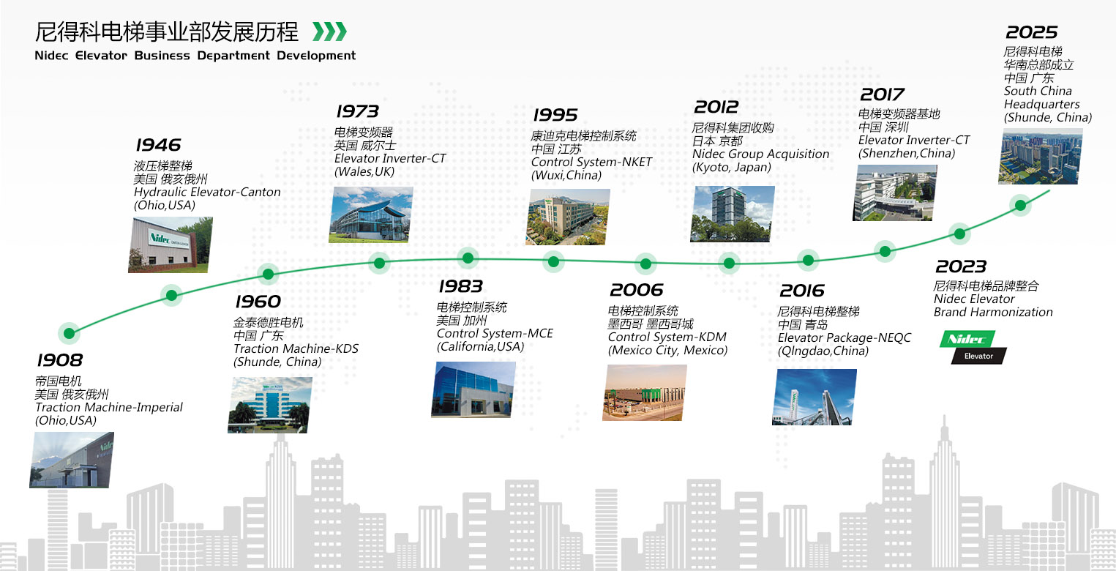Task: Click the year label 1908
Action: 60,359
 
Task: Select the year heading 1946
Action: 158,145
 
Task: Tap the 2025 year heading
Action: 1031,32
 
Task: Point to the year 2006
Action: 636,290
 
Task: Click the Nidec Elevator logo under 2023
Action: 973,347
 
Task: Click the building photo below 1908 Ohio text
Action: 71,460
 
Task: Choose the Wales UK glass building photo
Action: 371,214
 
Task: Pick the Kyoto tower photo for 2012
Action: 733,214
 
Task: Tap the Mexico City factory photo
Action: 645,392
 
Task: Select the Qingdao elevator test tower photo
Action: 814,397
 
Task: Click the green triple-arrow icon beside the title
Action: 329,31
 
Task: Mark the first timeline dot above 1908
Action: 70,333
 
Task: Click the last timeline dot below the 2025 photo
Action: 1020,205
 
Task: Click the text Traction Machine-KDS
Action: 296,348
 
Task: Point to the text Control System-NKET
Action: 591,162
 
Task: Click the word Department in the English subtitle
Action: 233,56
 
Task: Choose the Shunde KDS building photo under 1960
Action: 270,405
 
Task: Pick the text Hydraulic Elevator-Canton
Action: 207,193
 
